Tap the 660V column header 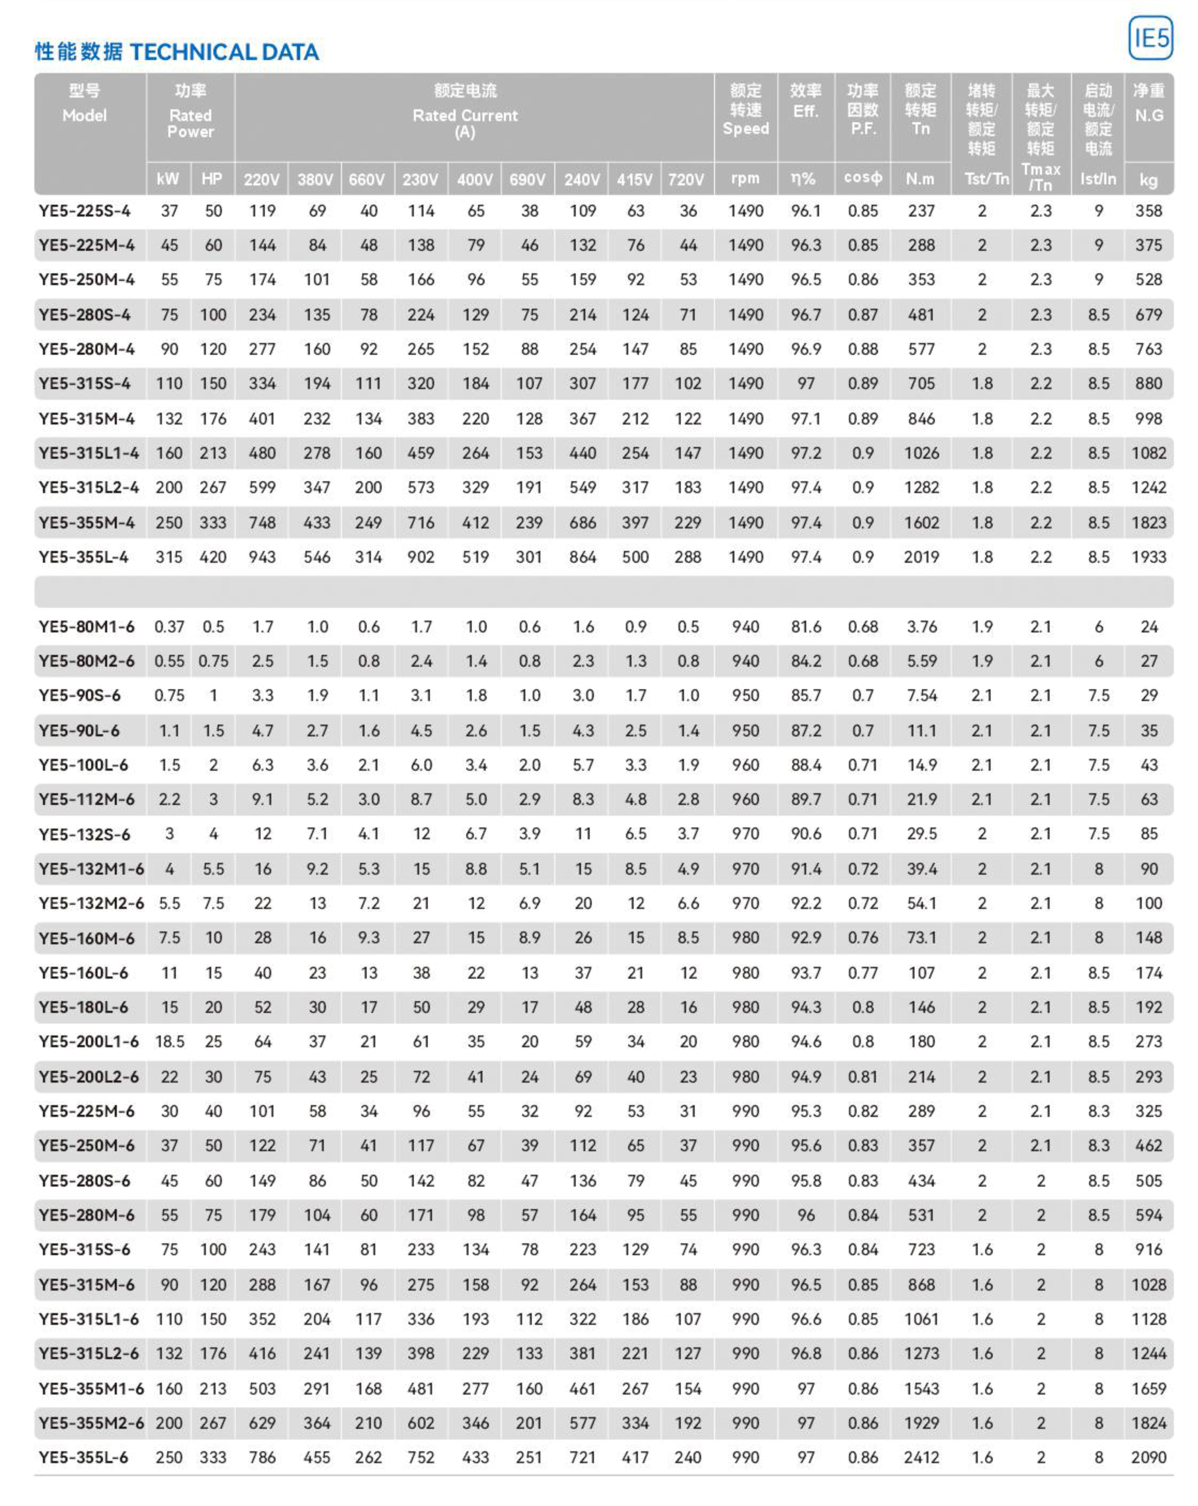click(367, 180)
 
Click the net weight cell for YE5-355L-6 click(1148, 1457)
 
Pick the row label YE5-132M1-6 click(91, 869)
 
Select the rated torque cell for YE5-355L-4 click(921, 557)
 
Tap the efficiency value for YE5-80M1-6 click(806, 627)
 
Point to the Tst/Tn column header click(986, 179)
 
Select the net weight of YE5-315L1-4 click(1148, 453)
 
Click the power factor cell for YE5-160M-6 click(862, 937)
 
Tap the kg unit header click(1148, 180)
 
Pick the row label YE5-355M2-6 click(91, 1423)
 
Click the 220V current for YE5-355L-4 click(262, 557)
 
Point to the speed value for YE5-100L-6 click(746, 765)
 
